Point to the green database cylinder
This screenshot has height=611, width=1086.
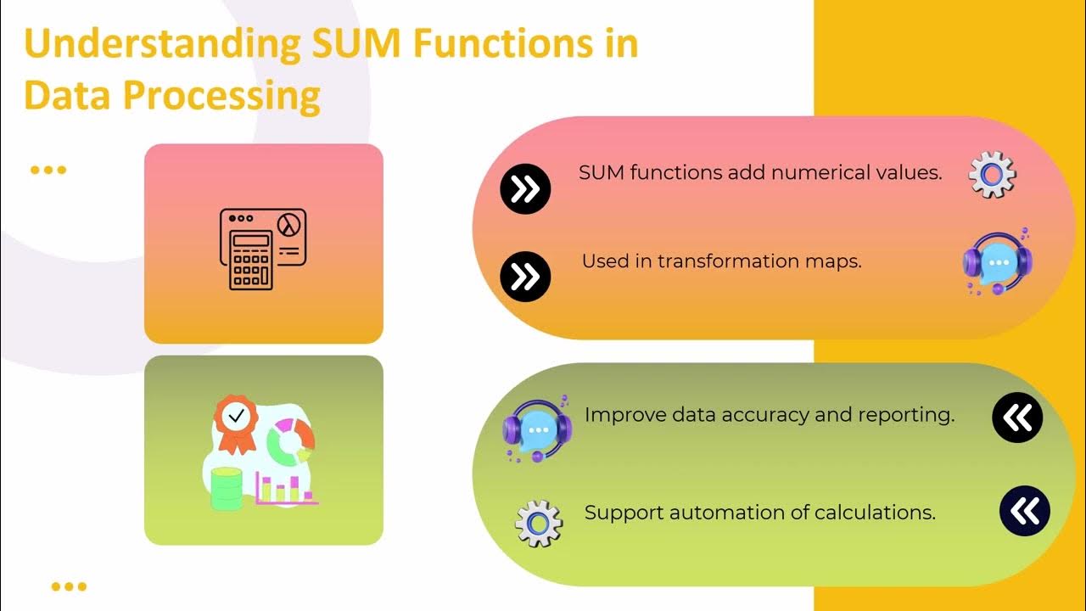point(225,489)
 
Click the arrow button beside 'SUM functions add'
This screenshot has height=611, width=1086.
point(525,188)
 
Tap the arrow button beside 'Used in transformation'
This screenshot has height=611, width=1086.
point(525,277)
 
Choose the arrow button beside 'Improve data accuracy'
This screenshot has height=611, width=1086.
point(1017,418)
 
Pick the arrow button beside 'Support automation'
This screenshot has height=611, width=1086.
point(1025,511)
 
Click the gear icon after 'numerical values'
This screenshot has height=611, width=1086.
point(992,175)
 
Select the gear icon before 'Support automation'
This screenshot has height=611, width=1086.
point(539,523)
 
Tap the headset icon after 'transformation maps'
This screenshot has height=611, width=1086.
point(997,261)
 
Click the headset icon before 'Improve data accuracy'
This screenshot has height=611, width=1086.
point(535,429)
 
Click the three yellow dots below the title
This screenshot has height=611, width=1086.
point(48,170)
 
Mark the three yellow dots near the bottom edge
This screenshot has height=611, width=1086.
point(69,586)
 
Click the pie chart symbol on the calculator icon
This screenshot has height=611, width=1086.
point(291,224)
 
